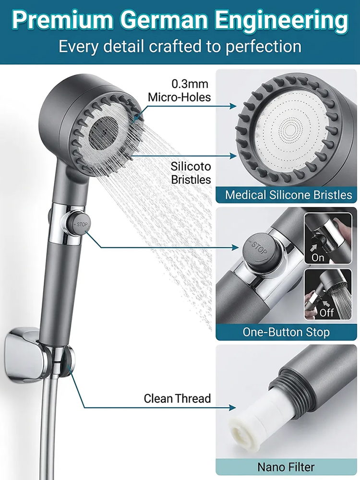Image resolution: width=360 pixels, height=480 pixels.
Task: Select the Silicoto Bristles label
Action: [191, 173]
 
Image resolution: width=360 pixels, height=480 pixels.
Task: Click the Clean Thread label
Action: [177, 398]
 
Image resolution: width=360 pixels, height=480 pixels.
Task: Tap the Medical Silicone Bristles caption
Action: [288, 195]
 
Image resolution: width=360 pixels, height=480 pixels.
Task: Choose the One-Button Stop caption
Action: [286, 332]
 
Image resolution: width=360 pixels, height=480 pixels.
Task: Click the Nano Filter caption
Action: [286, 467]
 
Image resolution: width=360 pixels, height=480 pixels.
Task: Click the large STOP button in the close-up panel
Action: [258, 249]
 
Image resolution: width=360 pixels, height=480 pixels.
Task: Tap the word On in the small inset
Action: [318, 258]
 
